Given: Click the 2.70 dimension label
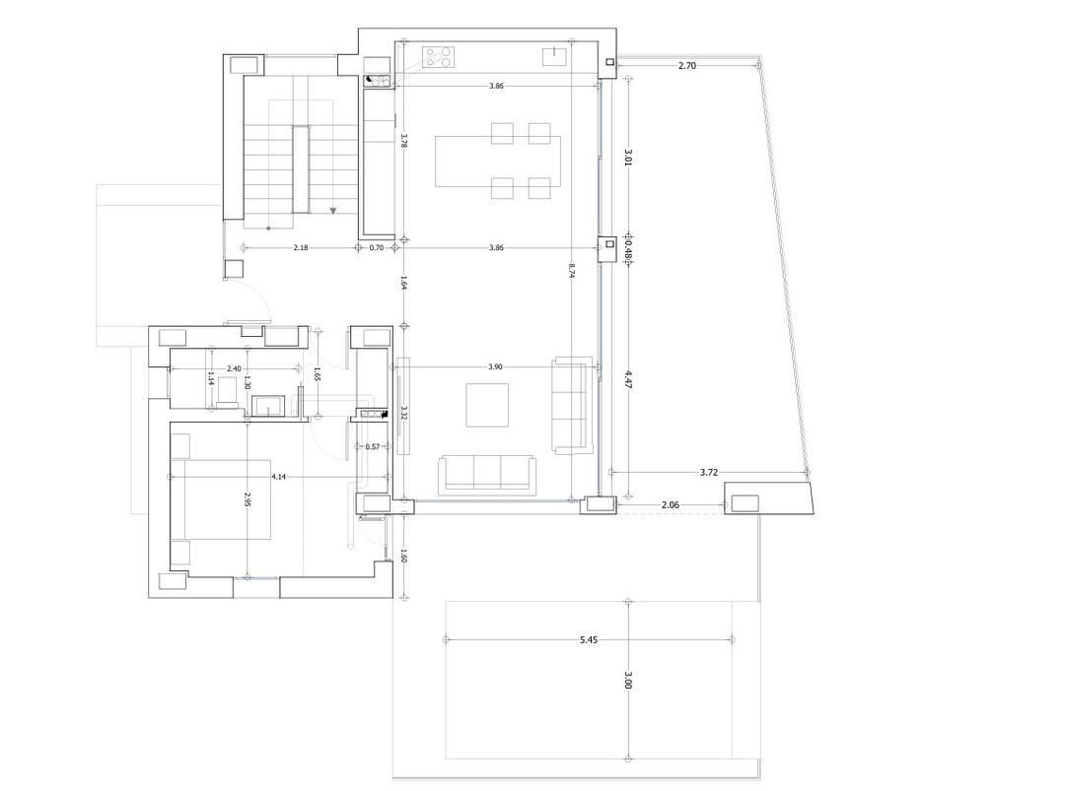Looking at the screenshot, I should click(687, 65).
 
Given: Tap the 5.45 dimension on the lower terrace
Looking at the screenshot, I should click(589, 640).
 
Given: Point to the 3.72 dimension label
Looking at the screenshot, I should click(708, 473).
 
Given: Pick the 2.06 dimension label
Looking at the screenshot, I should click(670, 505).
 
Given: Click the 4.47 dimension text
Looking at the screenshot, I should click(628, 379).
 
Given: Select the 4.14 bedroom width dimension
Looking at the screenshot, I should click(279, 477).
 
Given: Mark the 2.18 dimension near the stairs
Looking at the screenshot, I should click(301, 248).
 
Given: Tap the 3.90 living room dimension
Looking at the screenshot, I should click(495, 367).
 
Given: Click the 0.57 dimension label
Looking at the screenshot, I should click(373, 447).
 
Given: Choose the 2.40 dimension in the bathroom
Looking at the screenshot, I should click(234, 368).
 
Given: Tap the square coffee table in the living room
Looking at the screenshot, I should click(487, 405).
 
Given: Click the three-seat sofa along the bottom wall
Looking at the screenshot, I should click(487, 474).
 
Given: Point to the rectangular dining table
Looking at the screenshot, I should click(498, 161).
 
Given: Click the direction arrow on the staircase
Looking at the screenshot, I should click(334, 210).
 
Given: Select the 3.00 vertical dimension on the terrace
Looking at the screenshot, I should click(628, 682).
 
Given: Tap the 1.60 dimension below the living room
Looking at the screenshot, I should click(404, 557).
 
